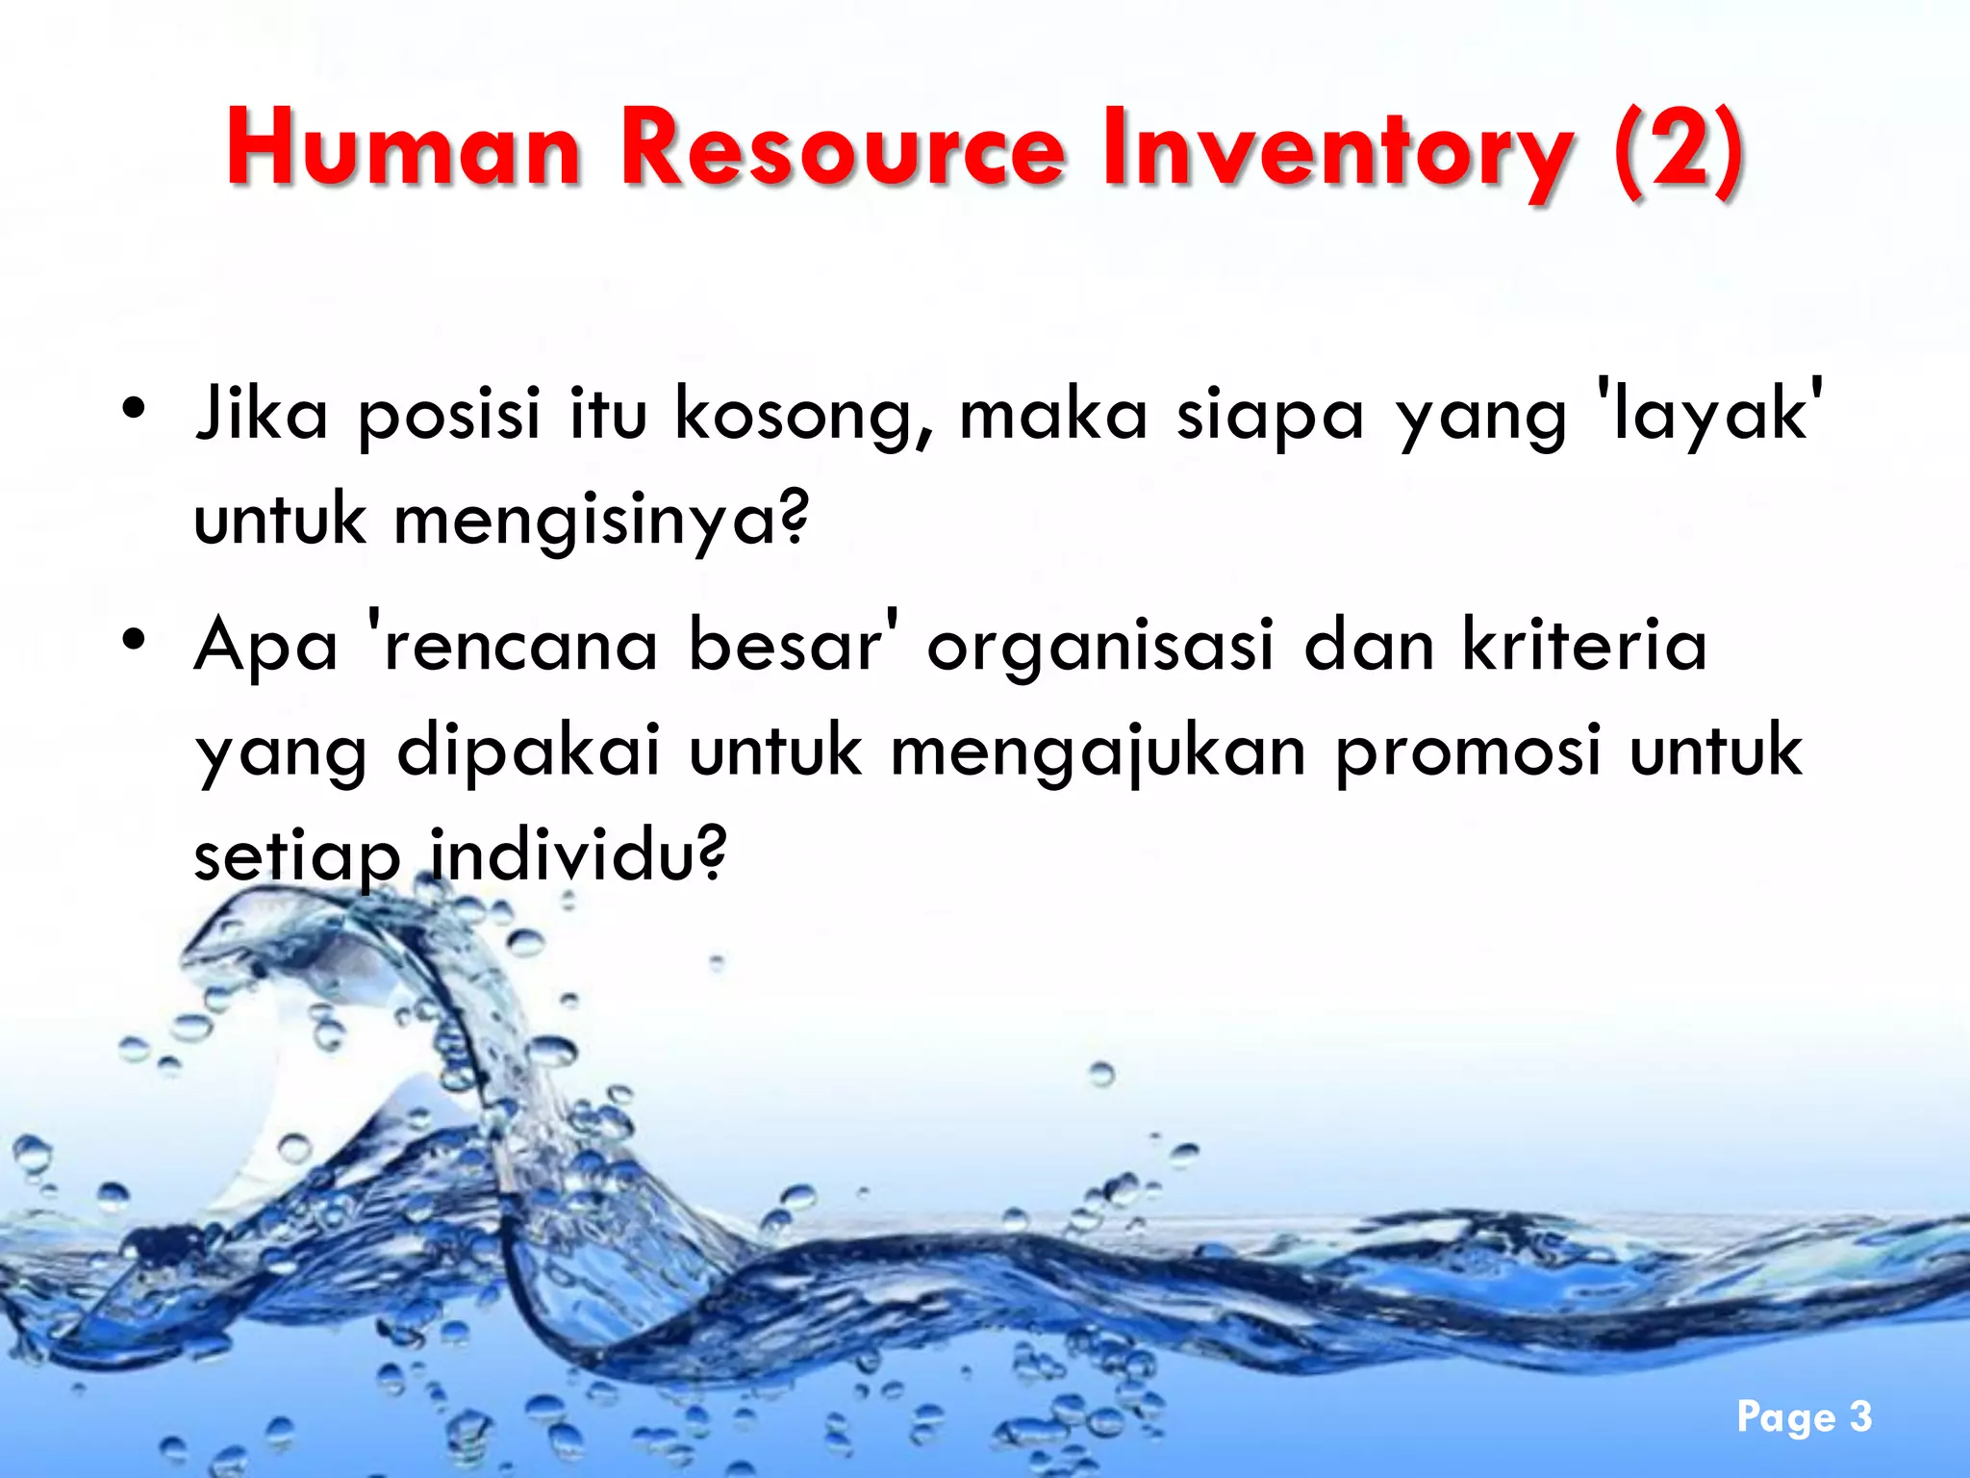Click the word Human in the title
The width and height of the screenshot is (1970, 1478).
[405, 149]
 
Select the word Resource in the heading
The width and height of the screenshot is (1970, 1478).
[843, 149]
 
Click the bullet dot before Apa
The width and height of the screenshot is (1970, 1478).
[134, 639]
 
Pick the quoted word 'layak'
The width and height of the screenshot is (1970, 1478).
[1708, 414]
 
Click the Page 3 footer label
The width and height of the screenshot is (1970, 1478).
[1804, 1417]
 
